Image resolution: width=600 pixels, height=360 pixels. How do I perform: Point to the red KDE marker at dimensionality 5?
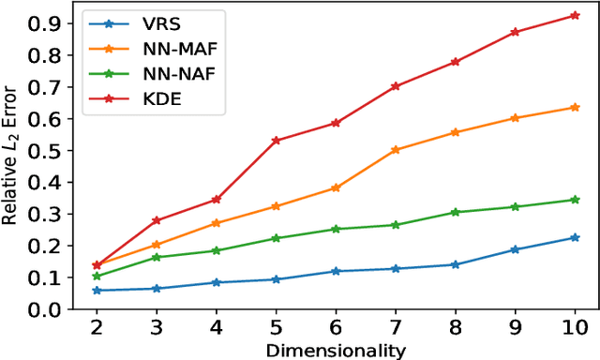point(276,141)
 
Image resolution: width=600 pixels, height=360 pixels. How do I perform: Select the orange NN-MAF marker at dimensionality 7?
point(395,149)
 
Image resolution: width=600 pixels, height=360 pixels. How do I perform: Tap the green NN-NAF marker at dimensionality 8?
point(455,212)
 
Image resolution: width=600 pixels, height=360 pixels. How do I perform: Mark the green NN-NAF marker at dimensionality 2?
point(97,276)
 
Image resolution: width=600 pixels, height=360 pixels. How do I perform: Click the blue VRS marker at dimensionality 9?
point(515,249)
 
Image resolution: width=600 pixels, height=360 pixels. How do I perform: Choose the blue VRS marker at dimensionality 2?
point(97,291)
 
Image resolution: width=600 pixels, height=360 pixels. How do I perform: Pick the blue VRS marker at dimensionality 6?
point(336,271)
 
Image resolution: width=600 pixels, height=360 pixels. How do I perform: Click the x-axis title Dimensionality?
point(335,351)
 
